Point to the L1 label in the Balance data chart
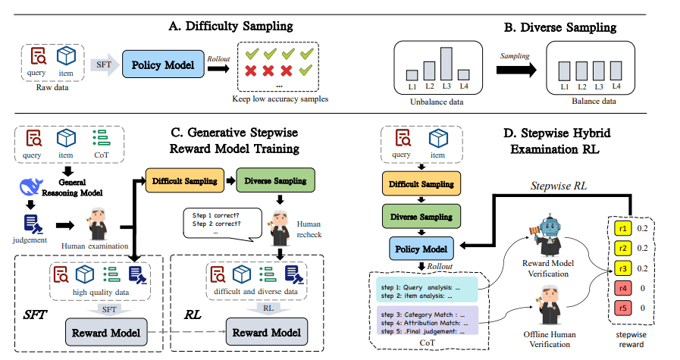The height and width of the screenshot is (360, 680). click(564, 88)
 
